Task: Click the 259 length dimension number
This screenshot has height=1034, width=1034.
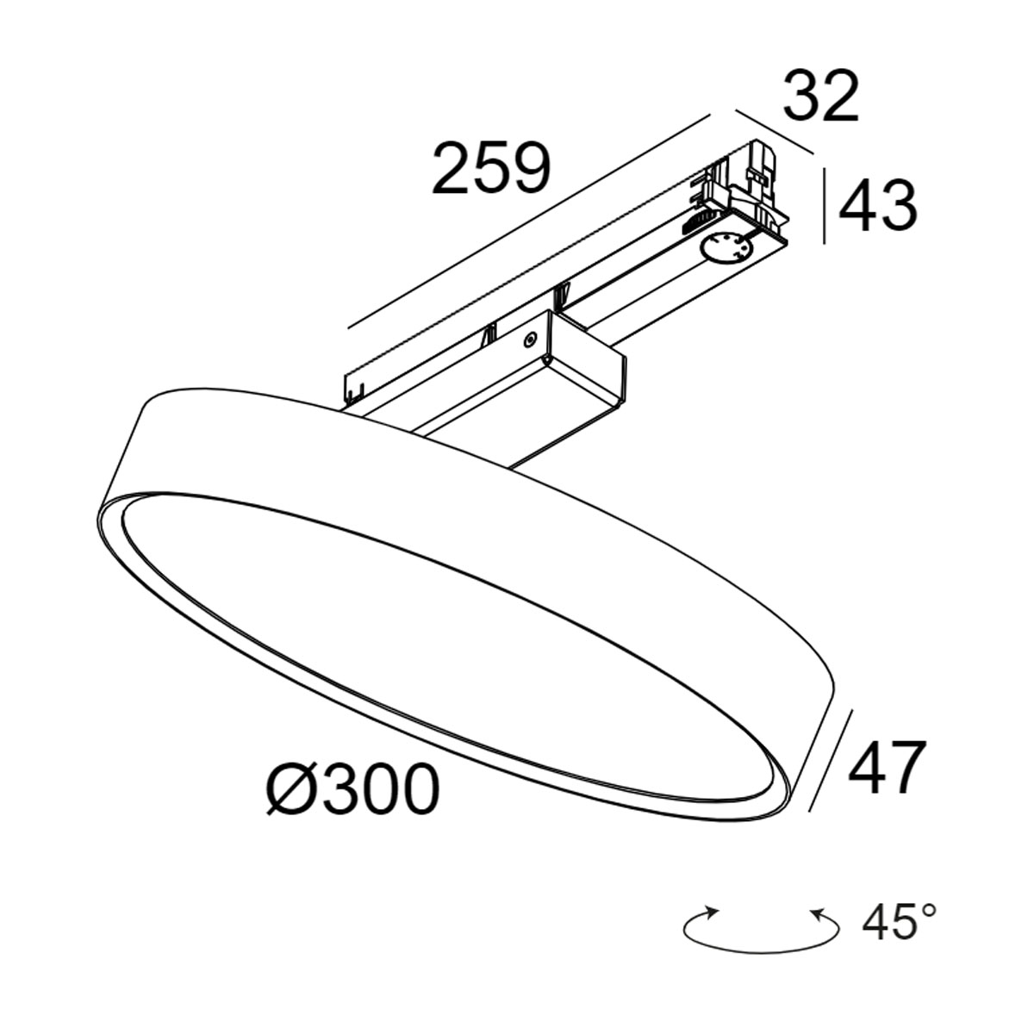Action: click(490, 167)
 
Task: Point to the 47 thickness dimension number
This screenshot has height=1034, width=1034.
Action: click(887, 767)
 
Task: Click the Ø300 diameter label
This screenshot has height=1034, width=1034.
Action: click(352, 790)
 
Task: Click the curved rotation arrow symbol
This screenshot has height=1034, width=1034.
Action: click(761, 928)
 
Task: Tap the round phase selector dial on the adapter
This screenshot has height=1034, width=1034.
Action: click(726, 250)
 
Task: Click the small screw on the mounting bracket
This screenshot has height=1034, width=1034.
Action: click(530, 340)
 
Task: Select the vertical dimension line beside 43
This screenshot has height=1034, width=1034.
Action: click(825, 207)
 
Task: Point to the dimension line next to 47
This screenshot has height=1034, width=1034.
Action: click(832, 760)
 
